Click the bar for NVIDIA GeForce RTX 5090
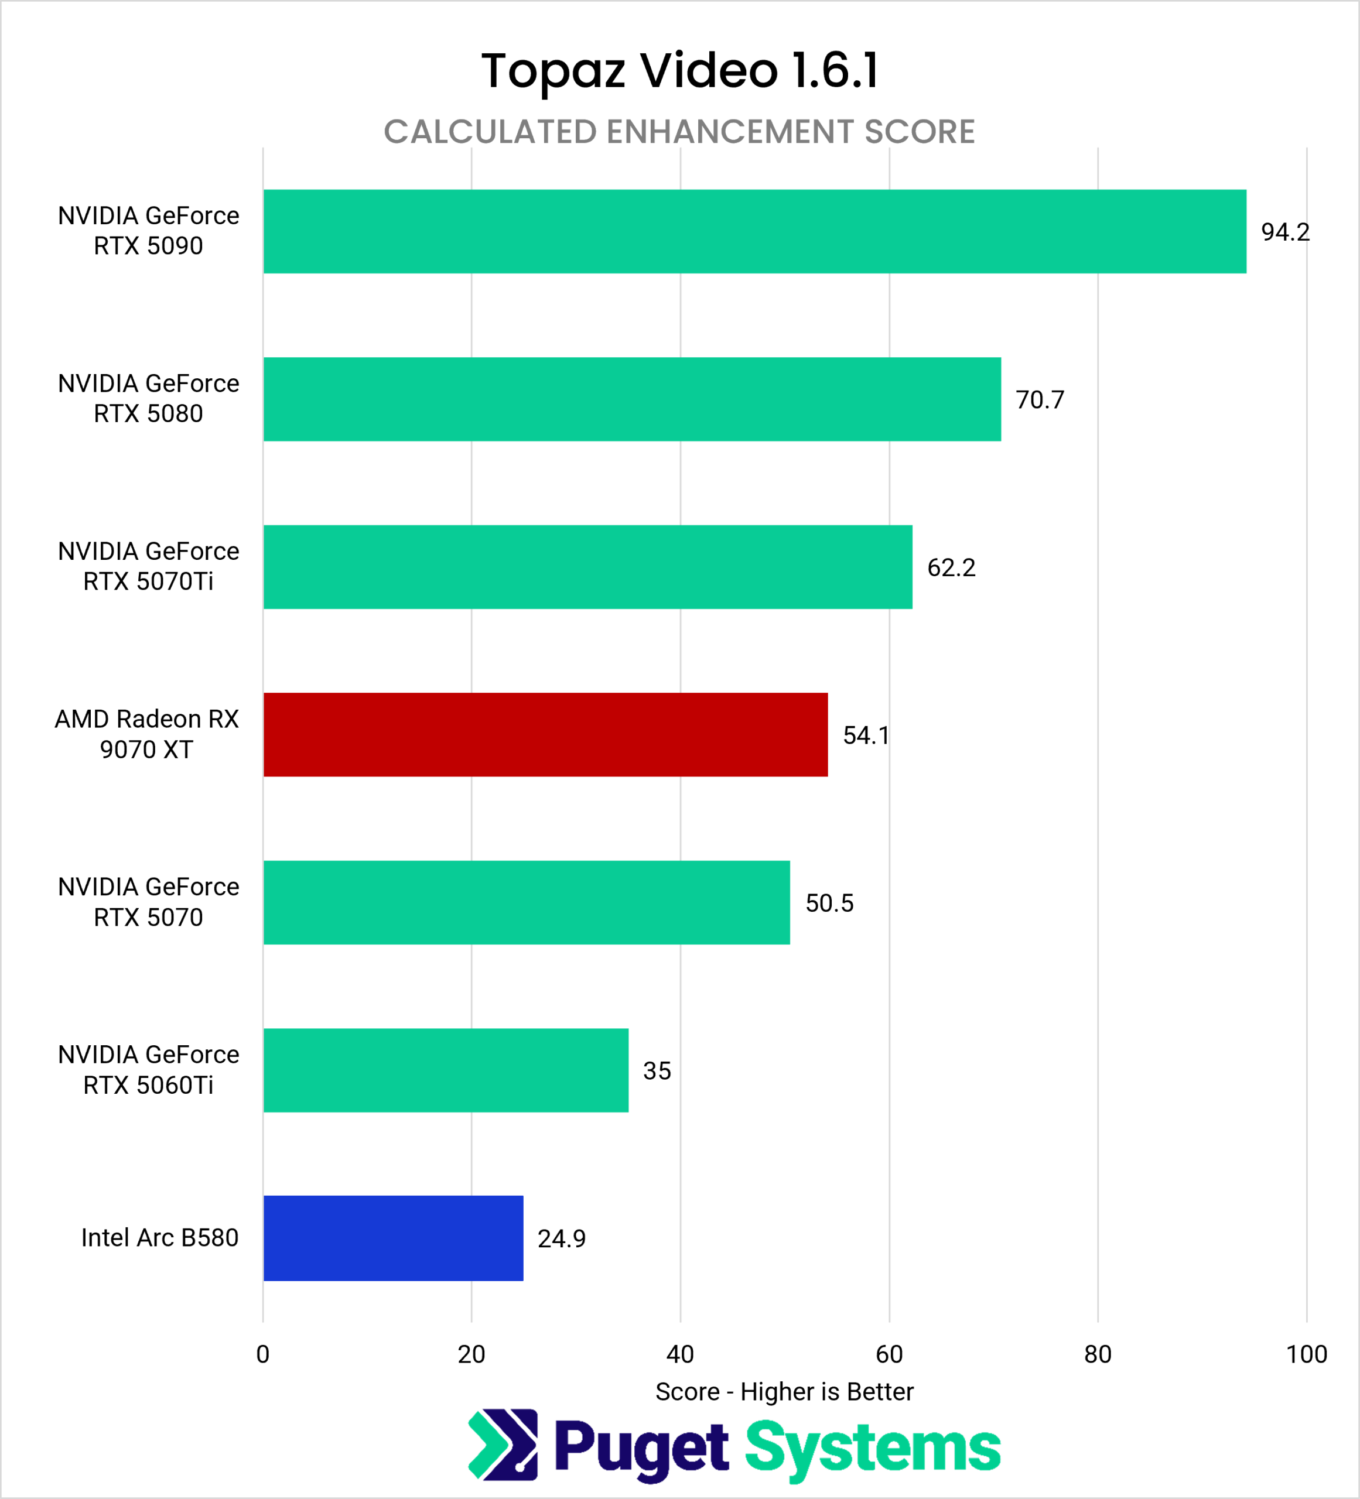click(755, 231)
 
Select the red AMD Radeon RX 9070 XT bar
click(546, 735)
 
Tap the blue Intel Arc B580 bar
click(394, 1238)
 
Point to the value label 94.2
click(1285, 232)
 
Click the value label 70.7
click(1040, 400)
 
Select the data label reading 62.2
click(951, 568)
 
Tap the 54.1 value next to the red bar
click(866, 735)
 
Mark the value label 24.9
click(562, 1239)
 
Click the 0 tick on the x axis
click(262, 1354)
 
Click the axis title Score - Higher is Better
click(784, 1392)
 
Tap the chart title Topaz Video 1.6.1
click(679, 71)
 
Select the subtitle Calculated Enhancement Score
click(679, 132)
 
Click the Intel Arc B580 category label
click(160, 1237)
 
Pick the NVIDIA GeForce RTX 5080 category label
click(149, 399)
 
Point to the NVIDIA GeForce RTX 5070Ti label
click(149, 567)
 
